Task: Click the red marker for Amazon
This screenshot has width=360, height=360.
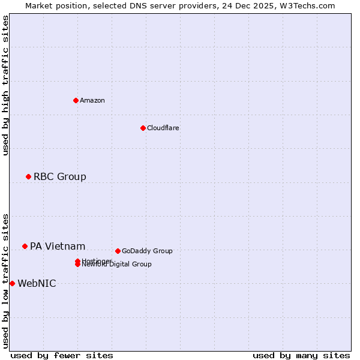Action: click(x=76, y=100)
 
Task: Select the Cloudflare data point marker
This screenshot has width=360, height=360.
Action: click(x=143, y=128)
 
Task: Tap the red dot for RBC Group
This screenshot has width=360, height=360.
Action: click(x=28, y=176)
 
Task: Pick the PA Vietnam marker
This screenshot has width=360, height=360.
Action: click(x=25, y=246)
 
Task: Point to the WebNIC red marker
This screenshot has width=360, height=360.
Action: click(x=12, y=283)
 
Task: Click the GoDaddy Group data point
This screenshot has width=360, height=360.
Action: click(x=118, y=251)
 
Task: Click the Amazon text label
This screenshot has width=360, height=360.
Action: click(x=92, y=100)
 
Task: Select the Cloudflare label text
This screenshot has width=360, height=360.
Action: click(x=163, y=128)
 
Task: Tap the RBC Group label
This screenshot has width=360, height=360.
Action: click(x=59, y=176)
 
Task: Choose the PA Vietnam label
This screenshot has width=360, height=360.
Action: click(x=58, y=246)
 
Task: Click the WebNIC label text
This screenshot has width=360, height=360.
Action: click(x=37, y=283)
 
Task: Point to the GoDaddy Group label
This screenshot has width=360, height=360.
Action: click(x=147, y=251)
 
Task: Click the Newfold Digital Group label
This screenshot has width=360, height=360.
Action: click(x=118, y=265)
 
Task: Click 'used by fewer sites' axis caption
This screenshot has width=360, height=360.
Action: click(x=62, y=355)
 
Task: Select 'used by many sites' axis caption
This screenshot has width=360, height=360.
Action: click(x=301, y=355)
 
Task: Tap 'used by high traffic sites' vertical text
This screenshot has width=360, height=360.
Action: click(x=5, y=85)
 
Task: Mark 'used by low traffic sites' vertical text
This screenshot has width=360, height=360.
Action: click(x=5, y=280)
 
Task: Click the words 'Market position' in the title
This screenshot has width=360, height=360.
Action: click(x=53, y=5)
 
